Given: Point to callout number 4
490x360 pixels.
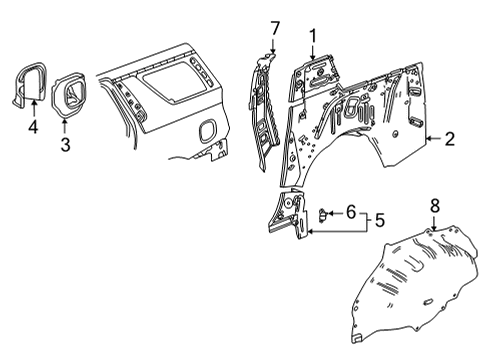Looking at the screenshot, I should (32, 127).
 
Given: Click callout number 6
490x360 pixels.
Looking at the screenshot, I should (350, 241).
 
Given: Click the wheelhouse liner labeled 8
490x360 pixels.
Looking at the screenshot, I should (405, 285).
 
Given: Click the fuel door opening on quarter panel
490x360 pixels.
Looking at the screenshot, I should (209, 131).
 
